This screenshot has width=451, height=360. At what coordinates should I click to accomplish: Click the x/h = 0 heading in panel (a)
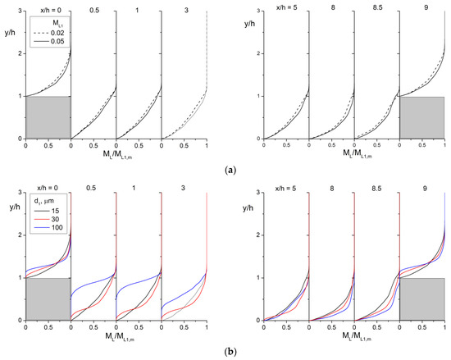[x=48, y=7]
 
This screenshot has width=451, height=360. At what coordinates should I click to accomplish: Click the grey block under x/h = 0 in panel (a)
[x=48, y=117]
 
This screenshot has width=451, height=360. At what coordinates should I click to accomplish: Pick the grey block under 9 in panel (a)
[x=421, y=117]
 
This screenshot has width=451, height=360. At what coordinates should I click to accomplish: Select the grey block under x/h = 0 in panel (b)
[x=48, y=298]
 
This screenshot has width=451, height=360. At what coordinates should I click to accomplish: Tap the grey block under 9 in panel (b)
[x=421, y=298]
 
